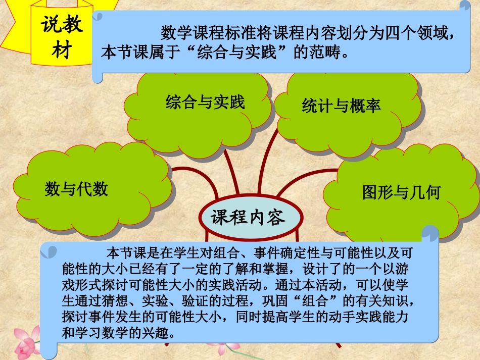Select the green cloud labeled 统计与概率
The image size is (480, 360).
(x=342, y=106)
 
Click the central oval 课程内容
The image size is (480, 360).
(x=248, y=217)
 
